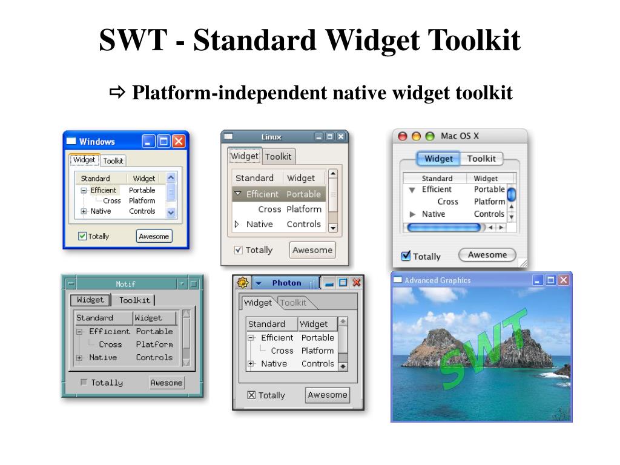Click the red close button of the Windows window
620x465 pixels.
pyautogui.click(x=179, y=141)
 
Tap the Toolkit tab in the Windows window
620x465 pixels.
pyautogui.click(x=113, y=160)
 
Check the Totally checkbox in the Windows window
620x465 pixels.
pyautogui.click(x=82, y=236)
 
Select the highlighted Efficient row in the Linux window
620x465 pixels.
pyautogui.click(x=279, y=194)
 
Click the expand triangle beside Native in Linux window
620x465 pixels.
pyautogui.click(x=237, y=224)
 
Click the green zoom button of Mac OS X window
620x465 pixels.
pyautogui.click(x=430, y=137)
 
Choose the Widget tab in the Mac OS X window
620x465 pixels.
pyautogui.click(x=438, y=159)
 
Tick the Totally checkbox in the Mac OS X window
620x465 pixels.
pyautogui.click(x=406, y=256)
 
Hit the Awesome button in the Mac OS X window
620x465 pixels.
pyautogui.click(x=487, y=255)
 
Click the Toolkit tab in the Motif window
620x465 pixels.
pyautogui.click(x=134, y=300)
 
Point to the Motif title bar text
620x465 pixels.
pyautogui.click(x=125, y=283)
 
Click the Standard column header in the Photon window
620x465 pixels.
pyautogui.click(x=266, y=324)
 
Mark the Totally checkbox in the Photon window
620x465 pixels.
pyautogui.click(x=251, y=395)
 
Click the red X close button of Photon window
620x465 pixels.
pyautogui.click(x=357, y=283)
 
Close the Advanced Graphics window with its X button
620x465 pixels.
pyautogui.click(x=564, y=280)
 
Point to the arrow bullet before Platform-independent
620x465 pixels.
pyautogui.click(x=117, y=93)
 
